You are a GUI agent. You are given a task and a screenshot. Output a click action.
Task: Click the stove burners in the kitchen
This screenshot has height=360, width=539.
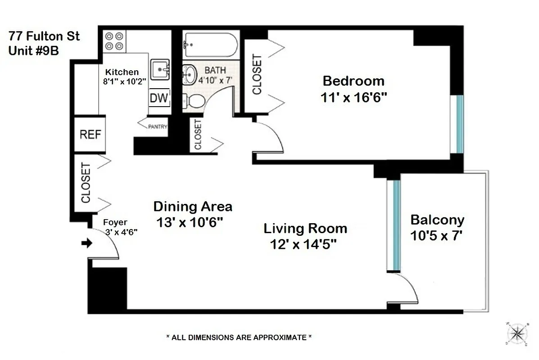coord(114,41)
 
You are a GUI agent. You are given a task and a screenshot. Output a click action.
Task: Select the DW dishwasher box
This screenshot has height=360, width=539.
coord(159,98)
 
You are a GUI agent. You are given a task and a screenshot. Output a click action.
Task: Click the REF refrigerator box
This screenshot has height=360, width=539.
coord(91,134)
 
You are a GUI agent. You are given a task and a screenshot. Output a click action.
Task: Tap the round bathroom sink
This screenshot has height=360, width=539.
coord(190,72)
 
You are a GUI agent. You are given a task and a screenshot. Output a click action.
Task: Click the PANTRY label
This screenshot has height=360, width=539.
coord(158,127)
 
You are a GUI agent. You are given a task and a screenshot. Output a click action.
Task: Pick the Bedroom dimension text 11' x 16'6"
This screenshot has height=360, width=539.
coord(354,98)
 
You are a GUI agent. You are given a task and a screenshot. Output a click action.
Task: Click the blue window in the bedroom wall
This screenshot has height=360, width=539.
coord(459,124)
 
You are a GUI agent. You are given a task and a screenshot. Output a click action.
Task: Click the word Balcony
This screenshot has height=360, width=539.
coord(437,220)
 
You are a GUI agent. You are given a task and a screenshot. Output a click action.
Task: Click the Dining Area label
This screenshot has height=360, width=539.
coord(193,207)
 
